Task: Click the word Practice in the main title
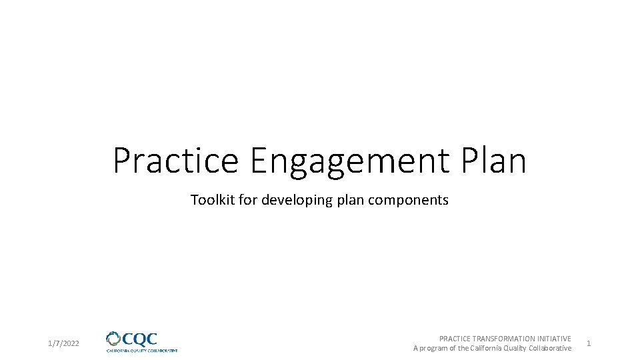click(x=175, y=161)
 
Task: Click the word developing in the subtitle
click(x=294, y=201)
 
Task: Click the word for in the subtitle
click(x=247, y=200)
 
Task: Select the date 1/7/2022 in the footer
click(x=64, y=343)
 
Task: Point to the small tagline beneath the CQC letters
click(x=142, y=350)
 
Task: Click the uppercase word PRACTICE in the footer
click(x=455, y=339)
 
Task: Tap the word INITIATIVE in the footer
click(x=553, y=339)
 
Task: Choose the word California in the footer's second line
click(x=488, y=348)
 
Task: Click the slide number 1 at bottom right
click(x=589, y=343)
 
